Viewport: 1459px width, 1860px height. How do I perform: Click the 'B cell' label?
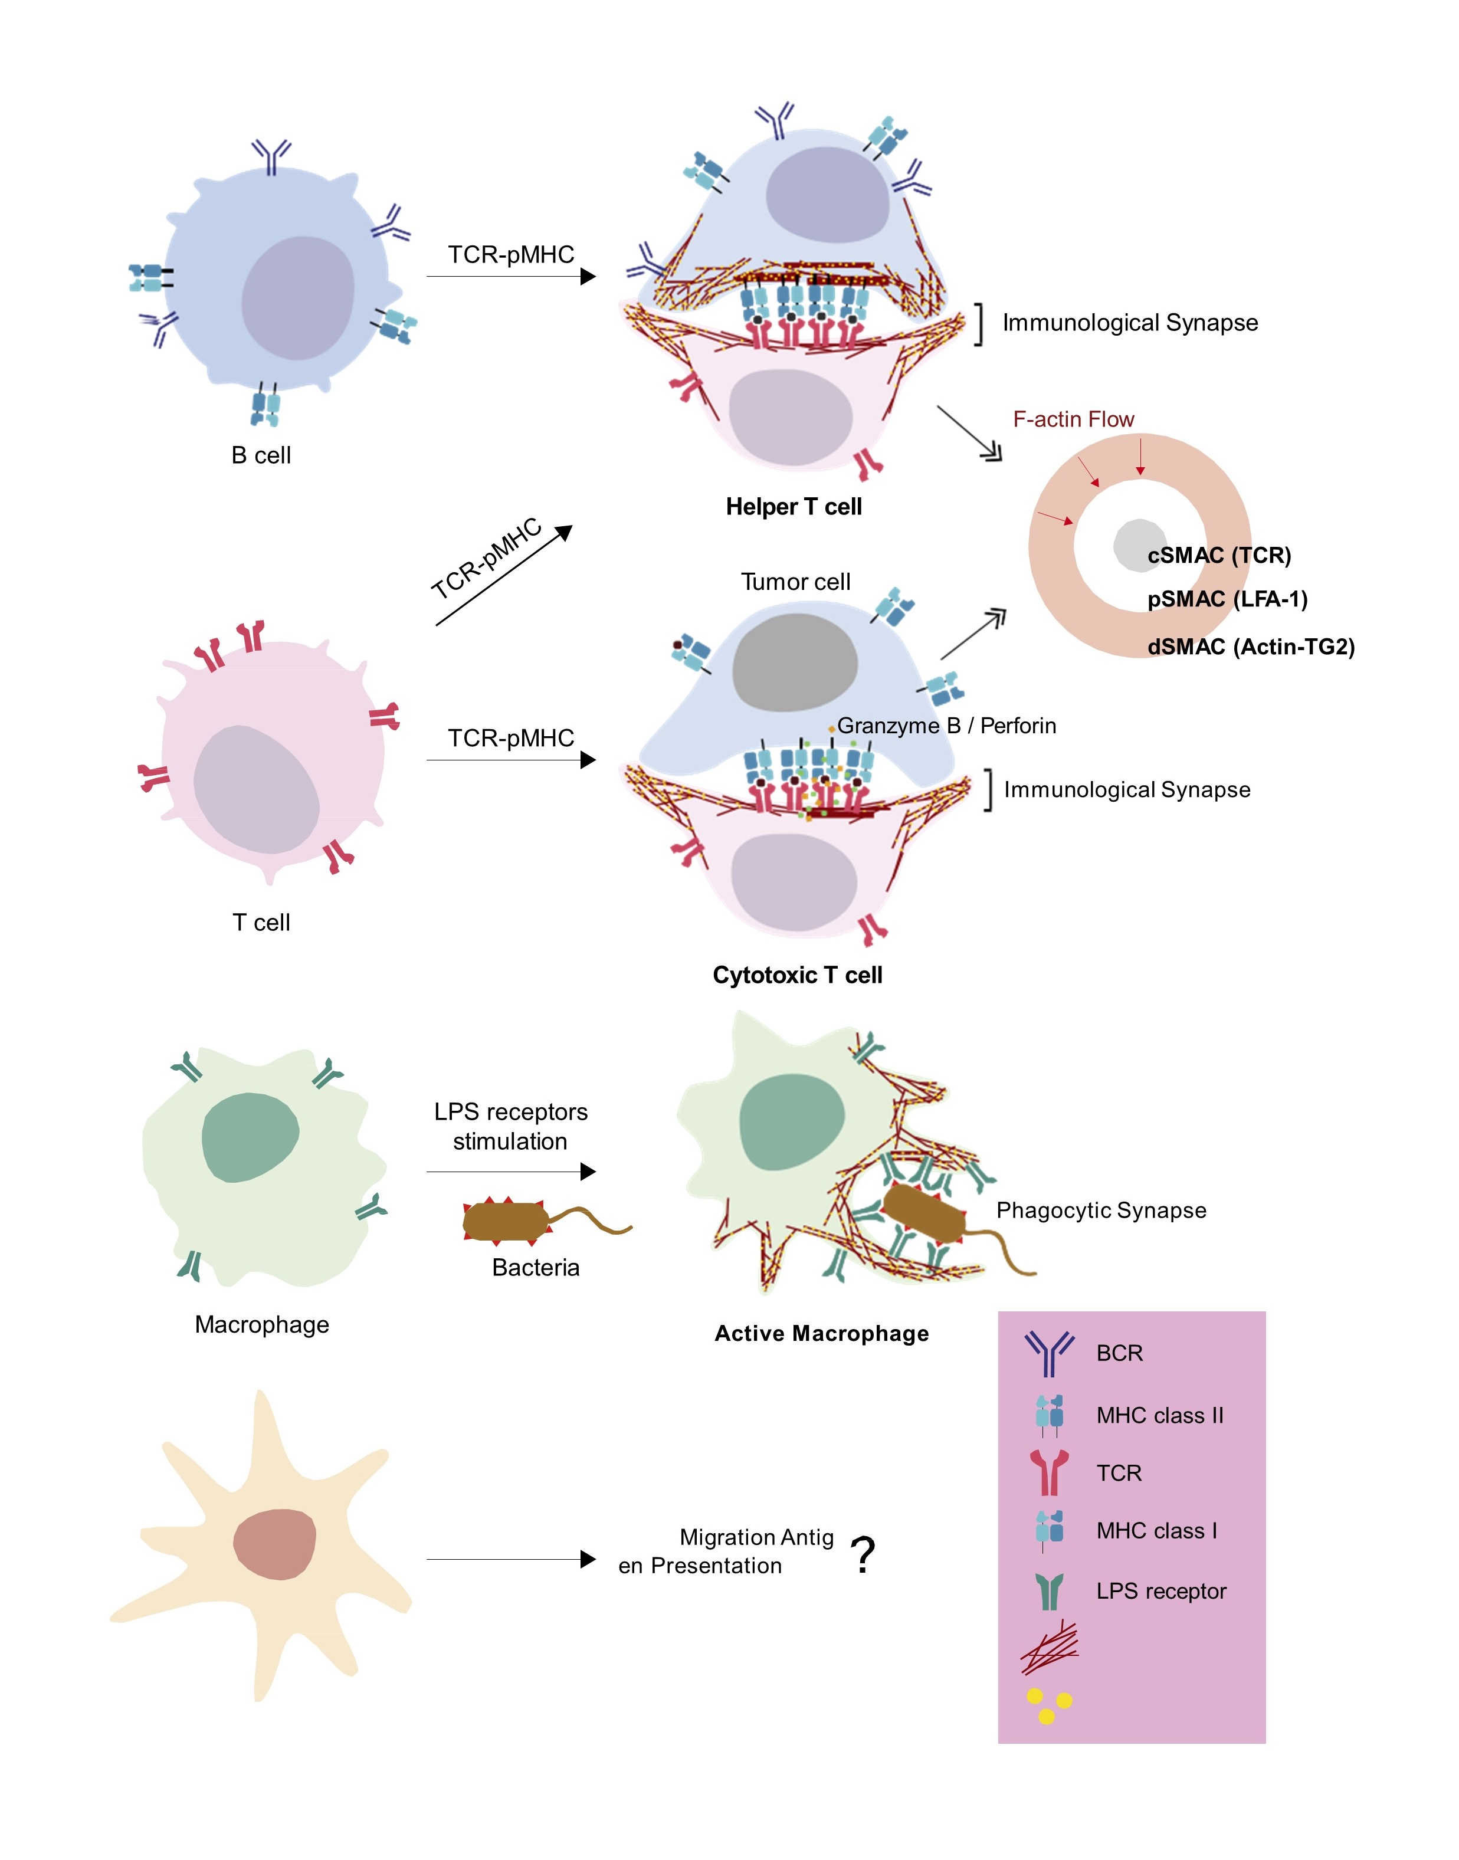pos(261,455)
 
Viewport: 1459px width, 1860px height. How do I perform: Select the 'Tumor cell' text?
pos(795,582)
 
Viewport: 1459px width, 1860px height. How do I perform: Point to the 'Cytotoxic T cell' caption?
pos(797,975)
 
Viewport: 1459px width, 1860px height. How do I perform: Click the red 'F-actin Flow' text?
pos(1073,419)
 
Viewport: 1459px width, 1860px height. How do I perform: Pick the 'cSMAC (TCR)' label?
pos(1219,555)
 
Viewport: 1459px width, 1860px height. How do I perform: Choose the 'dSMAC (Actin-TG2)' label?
pos(1251,647)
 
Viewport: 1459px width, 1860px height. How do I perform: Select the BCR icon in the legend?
pos(1049,1354)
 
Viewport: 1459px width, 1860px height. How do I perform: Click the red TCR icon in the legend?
pos(1049,1472)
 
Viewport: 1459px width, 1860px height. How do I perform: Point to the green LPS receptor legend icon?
pos(1049,1591)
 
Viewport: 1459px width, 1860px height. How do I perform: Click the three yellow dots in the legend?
pos(1049,1705)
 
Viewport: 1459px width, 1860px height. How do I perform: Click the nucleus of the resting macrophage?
pos(250,1137)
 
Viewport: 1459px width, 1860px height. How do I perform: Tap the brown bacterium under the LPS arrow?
pos(507,1221)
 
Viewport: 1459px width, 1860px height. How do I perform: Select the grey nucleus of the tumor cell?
pos(795,662)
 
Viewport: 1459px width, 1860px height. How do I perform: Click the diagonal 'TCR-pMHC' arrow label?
pos(486,559)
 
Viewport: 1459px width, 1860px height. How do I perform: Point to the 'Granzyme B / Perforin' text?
pos(946,726)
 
